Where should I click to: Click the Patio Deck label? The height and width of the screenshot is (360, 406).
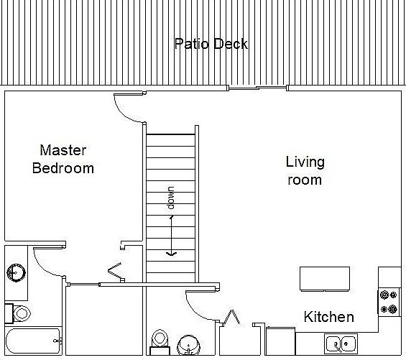(x=211, y=44)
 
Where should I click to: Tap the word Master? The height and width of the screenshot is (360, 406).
(x=63, y=150)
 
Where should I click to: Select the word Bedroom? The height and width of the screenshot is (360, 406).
(x=63, y=168)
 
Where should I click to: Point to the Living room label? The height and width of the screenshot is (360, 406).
(x=305, y=171)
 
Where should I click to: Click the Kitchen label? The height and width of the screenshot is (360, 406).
(x=329, y=317)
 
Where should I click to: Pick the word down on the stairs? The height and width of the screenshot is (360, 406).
(x=171, y=198)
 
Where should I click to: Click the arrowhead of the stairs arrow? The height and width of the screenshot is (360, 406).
(x=171, y=254)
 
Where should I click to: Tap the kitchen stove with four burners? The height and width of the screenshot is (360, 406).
(x=388, y=302)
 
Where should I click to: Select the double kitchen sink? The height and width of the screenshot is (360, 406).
(x=341, y=343)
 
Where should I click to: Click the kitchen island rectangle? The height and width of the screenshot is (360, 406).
(x=325, y=279)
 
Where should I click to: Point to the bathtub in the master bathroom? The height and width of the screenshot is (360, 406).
(x=33, y=341)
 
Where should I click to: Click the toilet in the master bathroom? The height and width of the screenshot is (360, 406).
(x=18, y=313)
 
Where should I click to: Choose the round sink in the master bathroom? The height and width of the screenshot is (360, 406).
(x=16, y=273)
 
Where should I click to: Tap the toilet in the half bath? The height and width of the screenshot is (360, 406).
(x=160, y=342)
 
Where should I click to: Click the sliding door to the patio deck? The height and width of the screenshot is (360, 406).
(x=257, y=88)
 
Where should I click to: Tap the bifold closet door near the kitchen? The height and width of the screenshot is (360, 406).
(x=232, y=317)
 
